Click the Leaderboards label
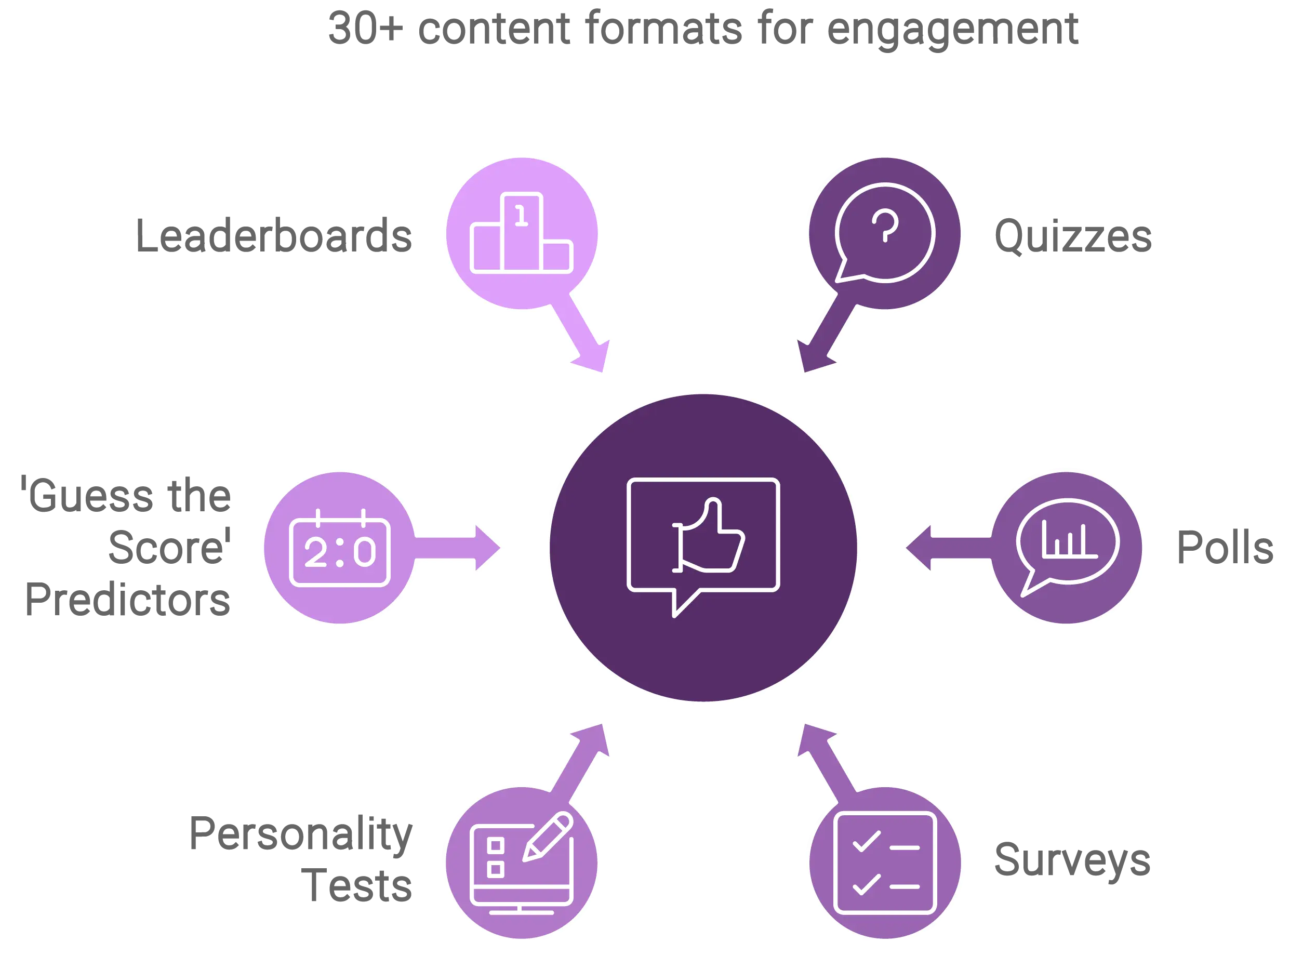(273, 235)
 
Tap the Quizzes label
(1071, 235)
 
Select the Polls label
(1225, 547)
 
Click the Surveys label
(1071, 859)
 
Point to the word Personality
(302, 833)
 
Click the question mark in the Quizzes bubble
(884, 226)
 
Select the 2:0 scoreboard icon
(340, 550)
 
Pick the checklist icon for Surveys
(884, 863)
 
